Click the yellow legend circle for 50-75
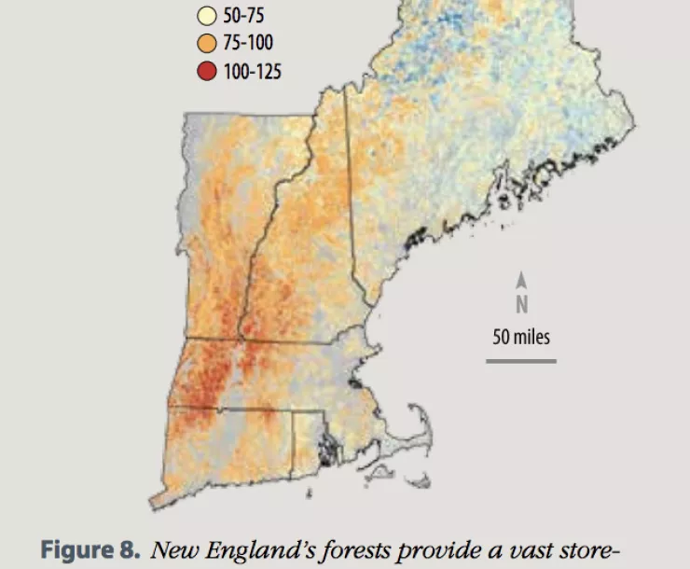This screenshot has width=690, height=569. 206,16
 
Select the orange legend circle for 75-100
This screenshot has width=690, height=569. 206,43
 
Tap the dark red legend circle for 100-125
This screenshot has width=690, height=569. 206,70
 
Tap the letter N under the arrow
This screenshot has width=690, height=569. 522,304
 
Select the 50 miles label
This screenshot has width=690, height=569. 522,336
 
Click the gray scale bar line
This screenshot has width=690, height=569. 521,360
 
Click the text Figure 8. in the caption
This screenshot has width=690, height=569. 90,549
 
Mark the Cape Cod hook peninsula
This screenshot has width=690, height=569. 424,438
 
